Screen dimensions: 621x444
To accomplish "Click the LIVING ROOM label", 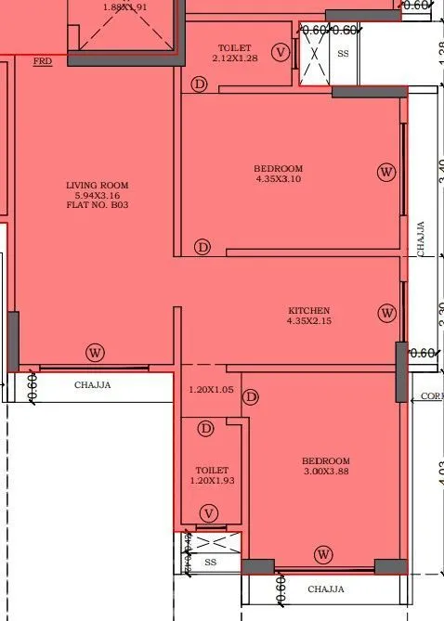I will pos(96,186).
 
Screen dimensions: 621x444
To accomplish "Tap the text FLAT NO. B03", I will pos(96,204).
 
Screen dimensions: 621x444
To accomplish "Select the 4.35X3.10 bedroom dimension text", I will pos(278,178).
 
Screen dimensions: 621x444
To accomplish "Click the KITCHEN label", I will pos(309,310).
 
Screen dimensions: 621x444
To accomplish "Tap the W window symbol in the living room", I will pos(94,352).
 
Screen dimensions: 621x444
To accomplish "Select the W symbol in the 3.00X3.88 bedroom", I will pos(323,554).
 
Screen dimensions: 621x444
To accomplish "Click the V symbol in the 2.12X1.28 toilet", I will pos(281,52).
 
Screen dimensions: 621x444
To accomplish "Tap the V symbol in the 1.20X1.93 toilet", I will pos(209,512).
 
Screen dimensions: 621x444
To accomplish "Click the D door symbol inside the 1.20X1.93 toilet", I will pos(206,428).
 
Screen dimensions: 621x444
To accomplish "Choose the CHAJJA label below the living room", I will pos(92,385).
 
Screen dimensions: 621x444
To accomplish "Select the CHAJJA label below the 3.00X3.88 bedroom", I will pos(325,589).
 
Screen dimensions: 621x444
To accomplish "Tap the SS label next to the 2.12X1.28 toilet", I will pos(343,54).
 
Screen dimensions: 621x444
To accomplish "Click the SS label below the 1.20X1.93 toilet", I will pos(210,563).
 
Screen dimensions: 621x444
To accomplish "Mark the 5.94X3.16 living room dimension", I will pos(96,195).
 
